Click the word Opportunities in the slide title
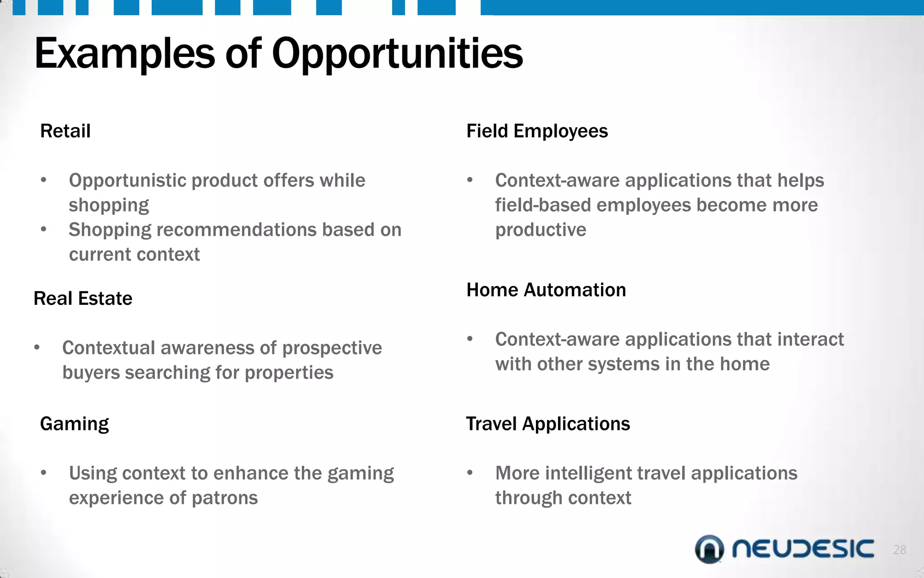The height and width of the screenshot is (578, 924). pos(397,54)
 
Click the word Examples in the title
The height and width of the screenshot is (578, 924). pos(125,54)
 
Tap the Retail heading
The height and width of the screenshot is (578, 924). pos(65,131)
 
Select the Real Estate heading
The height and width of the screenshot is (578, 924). pos(83,298)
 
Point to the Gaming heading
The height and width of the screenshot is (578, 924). pos(74,424)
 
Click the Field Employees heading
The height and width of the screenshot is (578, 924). pos(537,131)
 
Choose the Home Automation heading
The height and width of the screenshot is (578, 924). pos(546,290)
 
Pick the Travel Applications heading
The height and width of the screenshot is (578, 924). pos(548,424)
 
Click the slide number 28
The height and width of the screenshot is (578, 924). pos(900,550)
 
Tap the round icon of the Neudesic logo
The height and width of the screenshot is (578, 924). pos(709,549)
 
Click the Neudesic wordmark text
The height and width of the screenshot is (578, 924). pos(803,549)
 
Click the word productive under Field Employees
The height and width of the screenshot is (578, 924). pos(541,230)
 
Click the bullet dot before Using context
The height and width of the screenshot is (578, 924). pos(43,473)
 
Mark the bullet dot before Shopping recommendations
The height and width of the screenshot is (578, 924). pos(43,229)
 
